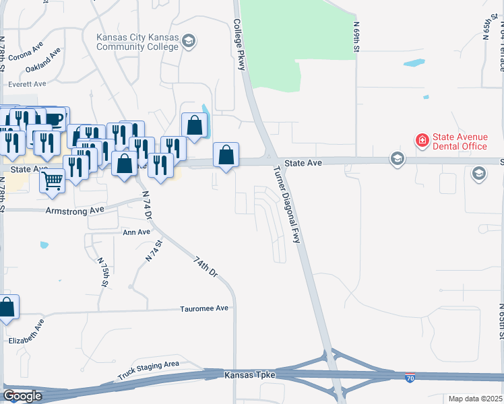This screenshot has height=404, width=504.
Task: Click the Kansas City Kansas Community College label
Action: click(137, 42)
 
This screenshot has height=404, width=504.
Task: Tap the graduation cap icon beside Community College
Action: click(189, 42)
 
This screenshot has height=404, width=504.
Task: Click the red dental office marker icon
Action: click(422, 140)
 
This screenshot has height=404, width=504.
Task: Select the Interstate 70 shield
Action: click(410, 379)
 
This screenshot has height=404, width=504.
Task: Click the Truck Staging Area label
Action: click(148, 369)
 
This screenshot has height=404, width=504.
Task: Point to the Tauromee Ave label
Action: click(204, 308)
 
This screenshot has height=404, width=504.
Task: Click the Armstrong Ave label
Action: click(75, 210)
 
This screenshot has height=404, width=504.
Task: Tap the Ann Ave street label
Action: click(136, 232)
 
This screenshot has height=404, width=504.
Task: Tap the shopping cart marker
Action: click(52, 180)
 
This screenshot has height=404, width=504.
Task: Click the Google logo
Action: click(22, 396)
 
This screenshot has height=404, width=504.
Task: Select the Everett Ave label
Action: click(27, 84)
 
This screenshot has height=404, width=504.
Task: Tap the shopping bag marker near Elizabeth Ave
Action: click(7, 308)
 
